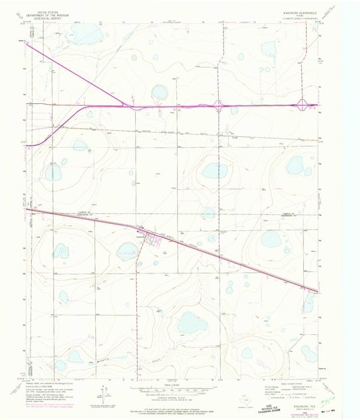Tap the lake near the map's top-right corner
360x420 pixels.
click(269, 49)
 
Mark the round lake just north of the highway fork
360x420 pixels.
click(159, 91)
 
